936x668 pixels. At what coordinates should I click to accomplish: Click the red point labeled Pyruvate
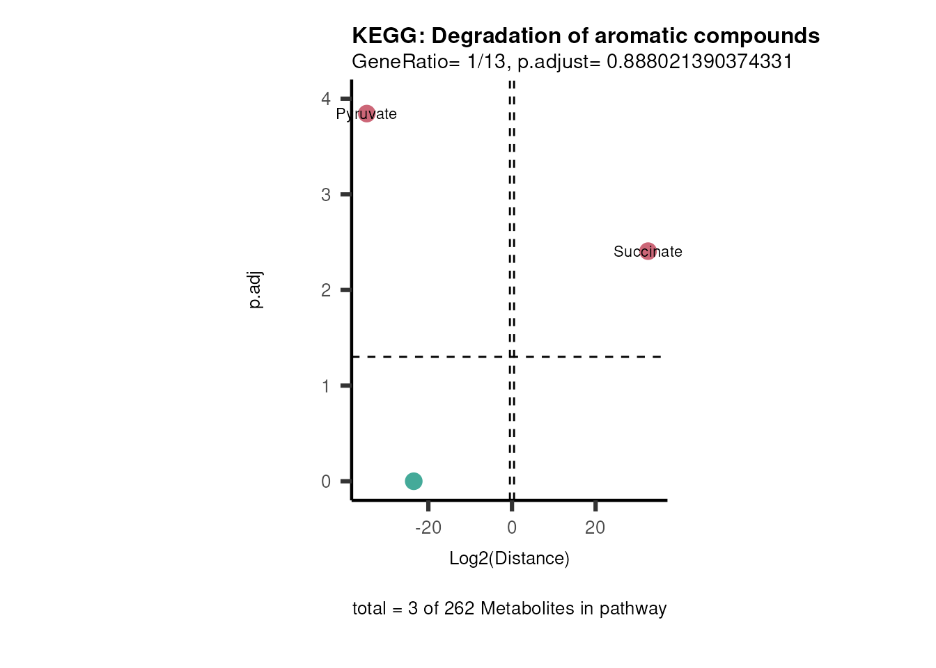(366, 113)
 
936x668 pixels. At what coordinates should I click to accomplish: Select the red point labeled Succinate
(648, 251)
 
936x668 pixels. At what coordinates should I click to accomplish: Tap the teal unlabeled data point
(414, 481)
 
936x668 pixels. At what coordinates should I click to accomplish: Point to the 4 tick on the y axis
(326, 99)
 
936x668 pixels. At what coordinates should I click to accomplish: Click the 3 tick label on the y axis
(326, 195)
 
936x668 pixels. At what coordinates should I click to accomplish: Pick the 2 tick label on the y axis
(326, 290)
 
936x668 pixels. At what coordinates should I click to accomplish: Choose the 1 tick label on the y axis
(326, 386)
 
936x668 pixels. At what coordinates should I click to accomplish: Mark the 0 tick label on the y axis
(326, 482)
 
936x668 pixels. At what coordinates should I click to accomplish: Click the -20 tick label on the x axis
(428, 527)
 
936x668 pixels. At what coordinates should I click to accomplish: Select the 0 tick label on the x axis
(512, 527)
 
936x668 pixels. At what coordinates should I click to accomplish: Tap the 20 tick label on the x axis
(595, 527)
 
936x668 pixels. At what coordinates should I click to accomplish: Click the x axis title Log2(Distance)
(509, 558)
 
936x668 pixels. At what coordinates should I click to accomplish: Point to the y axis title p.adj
(256, 290)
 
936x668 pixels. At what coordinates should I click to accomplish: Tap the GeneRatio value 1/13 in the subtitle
(486, 62)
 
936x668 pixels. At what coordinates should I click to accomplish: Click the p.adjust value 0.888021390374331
(700, 62)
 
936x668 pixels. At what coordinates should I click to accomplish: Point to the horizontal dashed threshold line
(432, 357)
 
